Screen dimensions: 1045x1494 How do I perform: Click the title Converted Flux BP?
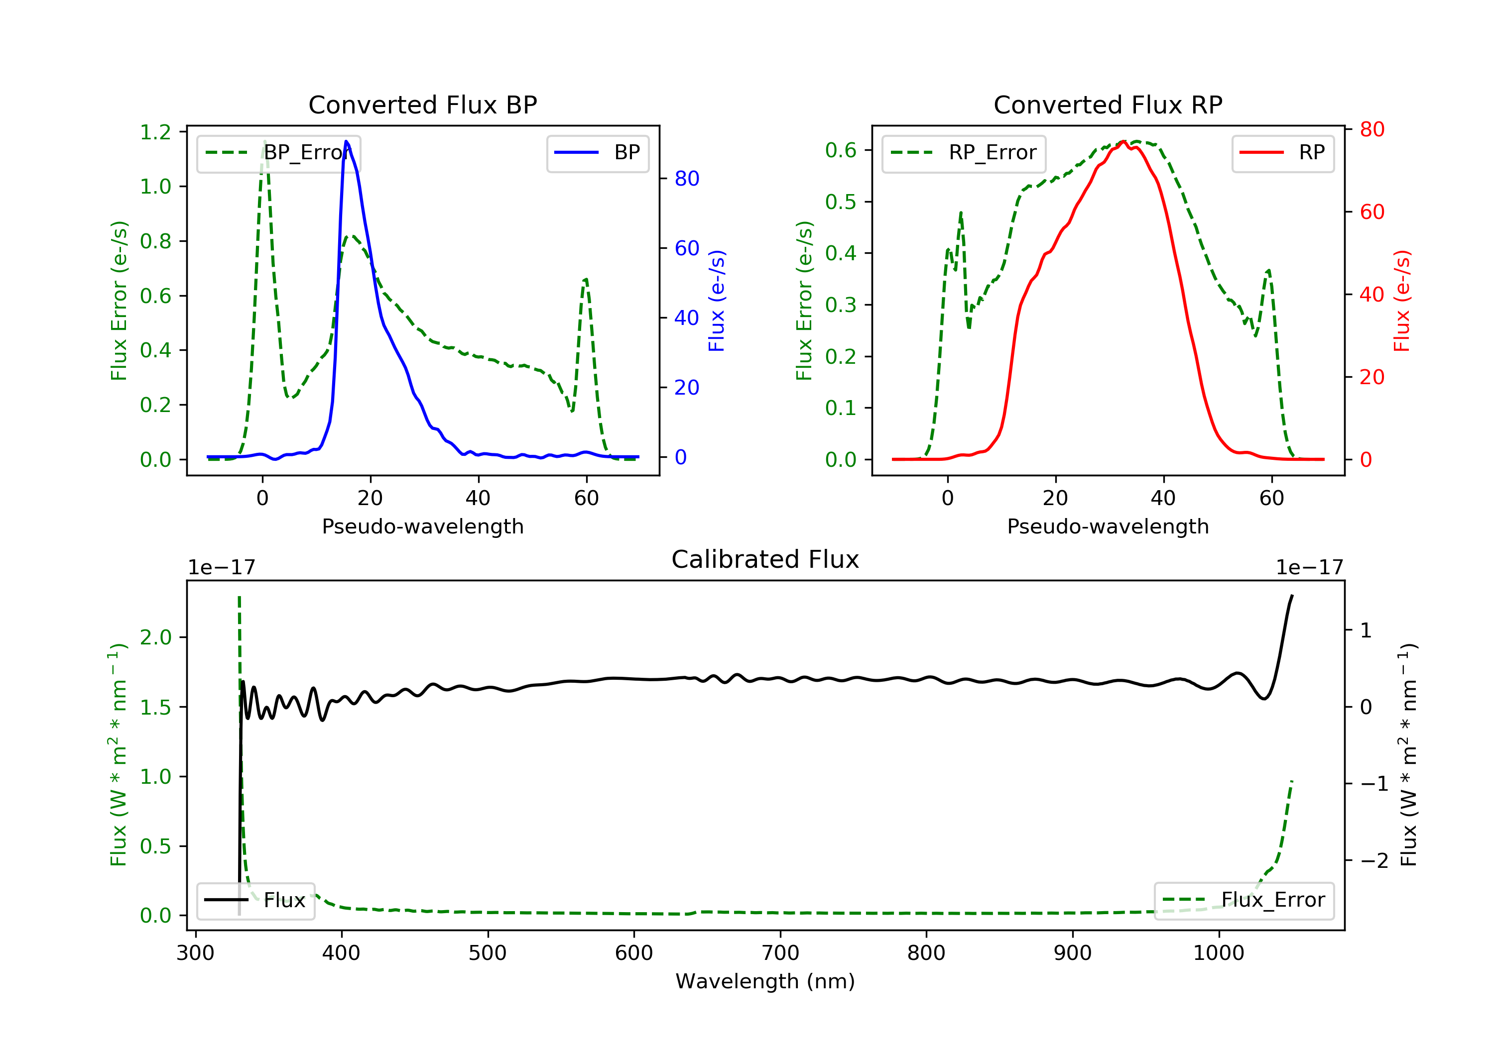tap(422, 104)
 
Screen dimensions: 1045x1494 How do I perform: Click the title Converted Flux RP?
tap(1108, 104)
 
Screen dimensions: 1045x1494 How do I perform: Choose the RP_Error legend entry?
tap(964, 153)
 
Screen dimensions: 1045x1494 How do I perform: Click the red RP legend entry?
tap(1282, 153)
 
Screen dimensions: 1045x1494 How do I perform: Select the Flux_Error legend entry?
tap(1244, 900)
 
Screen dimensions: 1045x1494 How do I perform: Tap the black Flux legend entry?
tap(256, 900)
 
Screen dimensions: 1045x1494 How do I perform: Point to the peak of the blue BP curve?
tap(346, 141)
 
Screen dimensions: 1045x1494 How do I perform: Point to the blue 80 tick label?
tap(686, 179)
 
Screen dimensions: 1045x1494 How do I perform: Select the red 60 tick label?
tap(1371, 212)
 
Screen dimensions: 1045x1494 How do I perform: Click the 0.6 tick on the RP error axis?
tap(841, 150)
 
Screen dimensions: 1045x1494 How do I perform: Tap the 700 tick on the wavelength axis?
tap(780, 953)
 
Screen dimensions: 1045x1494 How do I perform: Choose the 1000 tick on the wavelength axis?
tap(1218, 953)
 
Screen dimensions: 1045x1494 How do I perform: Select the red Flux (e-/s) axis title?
tap(1401, 301)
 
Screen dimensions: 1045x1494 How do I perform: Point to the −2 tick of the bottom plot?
tap(1365, 861)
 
